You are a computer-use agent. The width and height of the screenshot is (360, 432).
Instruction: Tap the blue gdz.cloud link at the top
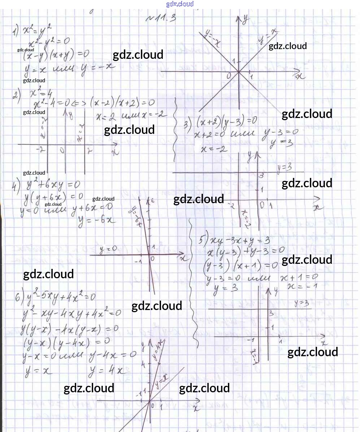(180, 4)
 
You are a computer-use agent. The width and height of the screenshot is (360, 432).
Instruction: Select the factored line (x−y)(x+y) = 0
(56, 55)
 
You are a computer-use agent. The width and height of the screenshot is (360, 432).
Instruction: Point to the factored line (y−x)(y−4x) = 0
(66, 341)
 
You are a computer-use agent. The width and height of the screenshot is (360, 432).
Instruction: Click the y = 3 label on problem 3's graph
(284, 167)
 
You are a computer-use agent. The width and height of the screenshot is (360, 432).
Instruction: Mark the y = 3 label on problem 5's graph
(302, 303)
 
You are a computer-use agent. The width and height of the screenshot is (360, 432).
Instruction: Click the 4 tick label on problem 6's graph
(143, 365)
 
